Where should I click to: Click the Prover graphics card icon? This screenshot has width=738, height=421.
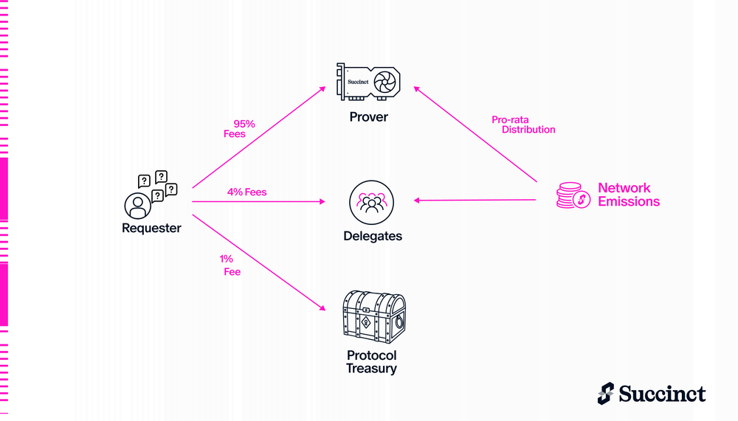[368, 82]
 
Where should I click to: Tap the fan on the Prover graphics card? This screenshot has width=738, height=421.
[384, 82]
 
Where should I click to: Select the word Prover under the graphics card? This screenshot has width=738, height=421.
[368, 116]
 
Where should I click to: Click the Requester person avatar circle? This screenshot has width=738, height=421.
[137, 206]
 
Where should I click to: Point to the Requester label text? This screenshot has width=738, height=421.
[151, 228]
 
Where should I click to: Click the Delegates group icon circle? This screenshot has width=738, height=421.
[371, 202]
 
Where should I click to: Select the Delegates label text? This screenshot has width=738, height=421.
[373, 236]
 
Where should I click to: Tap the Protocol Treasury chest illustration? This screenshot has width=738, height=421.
[374, 316]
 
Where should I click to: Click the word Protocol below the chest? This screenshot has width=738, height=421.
[372, 355]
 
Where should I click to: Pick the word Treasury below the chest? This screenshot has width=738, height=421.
[371, 369]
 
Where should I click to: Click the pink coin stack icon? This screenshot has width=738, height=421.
[573, 195]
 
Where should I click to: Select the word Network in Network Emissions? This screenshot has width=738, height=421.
[624, 188]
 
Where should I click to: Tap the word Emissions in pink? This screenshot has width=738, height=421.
[629, 201]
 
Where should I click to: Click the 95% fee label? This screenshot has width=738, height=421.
[239, 129]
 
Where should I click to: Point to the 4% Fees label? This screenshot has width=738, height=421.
[247, 192]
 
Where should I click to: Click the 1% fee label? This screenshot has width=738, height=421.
[230, 265]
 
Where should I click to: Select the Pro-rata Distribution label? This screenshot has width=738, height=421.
[523, 125]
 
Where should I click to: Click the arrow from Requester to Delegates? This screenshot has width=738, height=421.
[258, 201]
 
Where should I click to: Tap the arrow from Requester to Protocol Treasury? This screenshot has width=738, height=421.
[258, 262]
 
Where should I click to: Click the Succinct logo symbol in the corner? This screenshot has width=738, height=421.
[606, 393]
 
